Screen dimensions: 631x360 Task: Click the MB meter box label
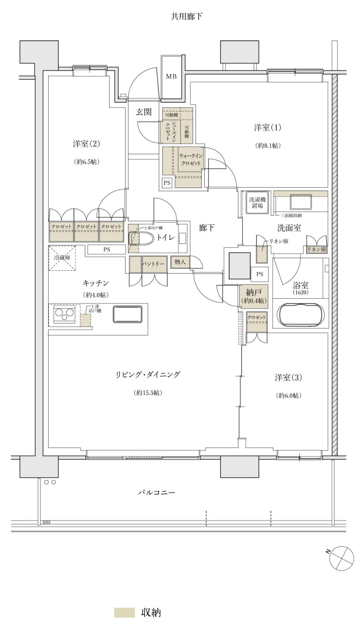tap(171, 77)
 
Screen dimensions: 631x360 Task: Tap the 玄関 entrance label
tap(143, 112)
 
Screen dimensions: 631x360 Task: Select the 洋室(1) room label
tap(267, 128)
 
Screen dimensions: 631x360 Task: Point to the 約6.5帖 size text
tap(87, 161)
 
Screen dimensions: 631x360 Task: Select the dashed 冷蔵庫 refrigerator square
tap(62, 258)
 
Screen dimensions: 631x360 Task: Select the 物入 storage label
tap(180, 261)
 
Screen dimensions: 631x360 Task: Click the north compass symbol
tap(341, 558)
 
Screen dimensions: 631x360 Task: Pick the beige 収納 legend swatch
tap(124, 612)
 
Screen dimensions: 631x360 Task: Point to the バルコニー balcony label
tap(156, 493)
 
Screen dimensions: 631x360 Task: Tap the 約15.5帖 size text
tap(148, 393)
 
